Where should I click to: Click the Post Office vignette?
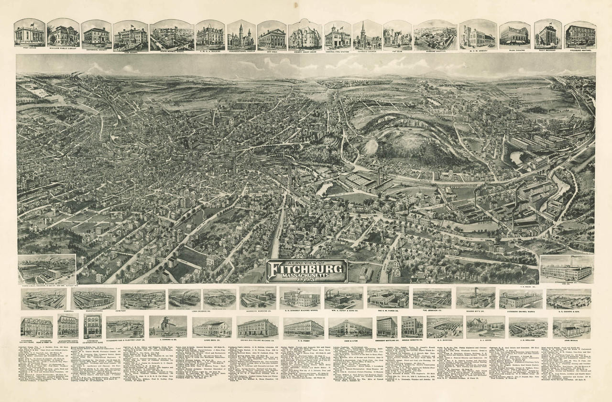tap(29, 33)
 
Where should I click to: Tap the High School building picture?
tap(130, 36)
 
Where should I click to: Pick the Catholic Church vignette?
tap(367, 35)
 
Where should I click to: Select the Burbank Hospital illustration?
tap(435, 35)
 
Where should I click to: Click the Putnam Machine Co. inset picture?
tap(46, 269)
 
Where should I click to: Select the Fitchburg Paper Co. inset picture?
tap(566, 270)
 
